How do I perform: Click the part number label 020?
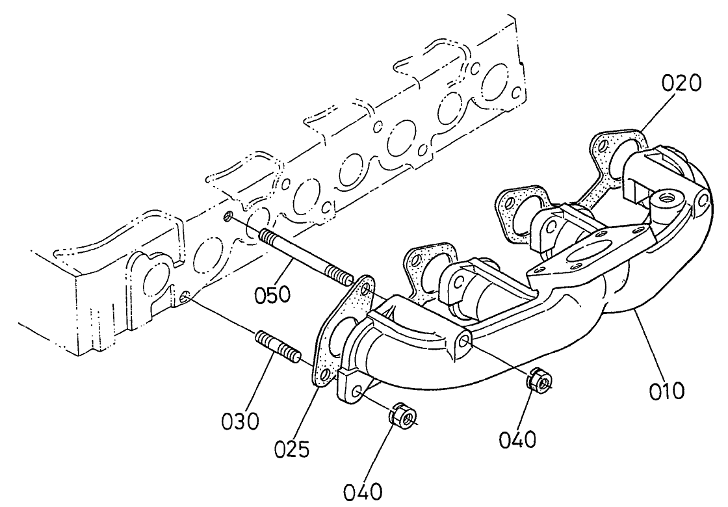click(x=682, y=83)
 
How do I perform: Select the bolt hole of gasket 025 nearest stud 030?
click(x=321, y=372)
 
